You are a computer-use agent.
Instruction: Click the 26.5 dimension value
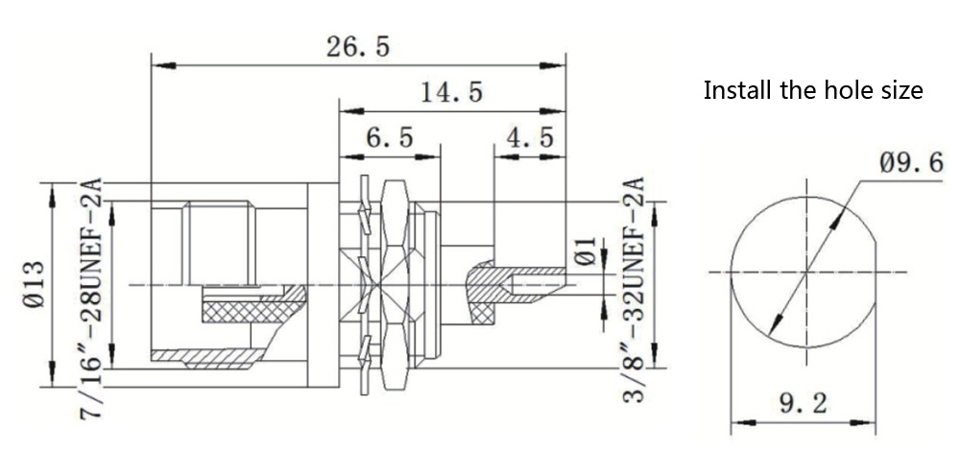point(358,48)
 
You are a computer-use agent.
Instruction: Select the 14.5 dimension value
point(451,93)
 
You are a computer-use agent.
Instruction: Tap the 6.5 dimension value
point(389,138)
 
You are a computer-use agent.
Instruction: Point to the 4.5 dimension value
point(530,138)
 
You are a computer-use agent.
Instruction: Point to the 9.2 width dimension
point(803,404)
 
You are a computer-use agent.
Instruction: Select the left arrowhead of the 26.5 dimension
point(159,65)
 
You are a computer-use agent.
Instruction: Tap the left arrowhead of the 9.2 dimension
point(738,420)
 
